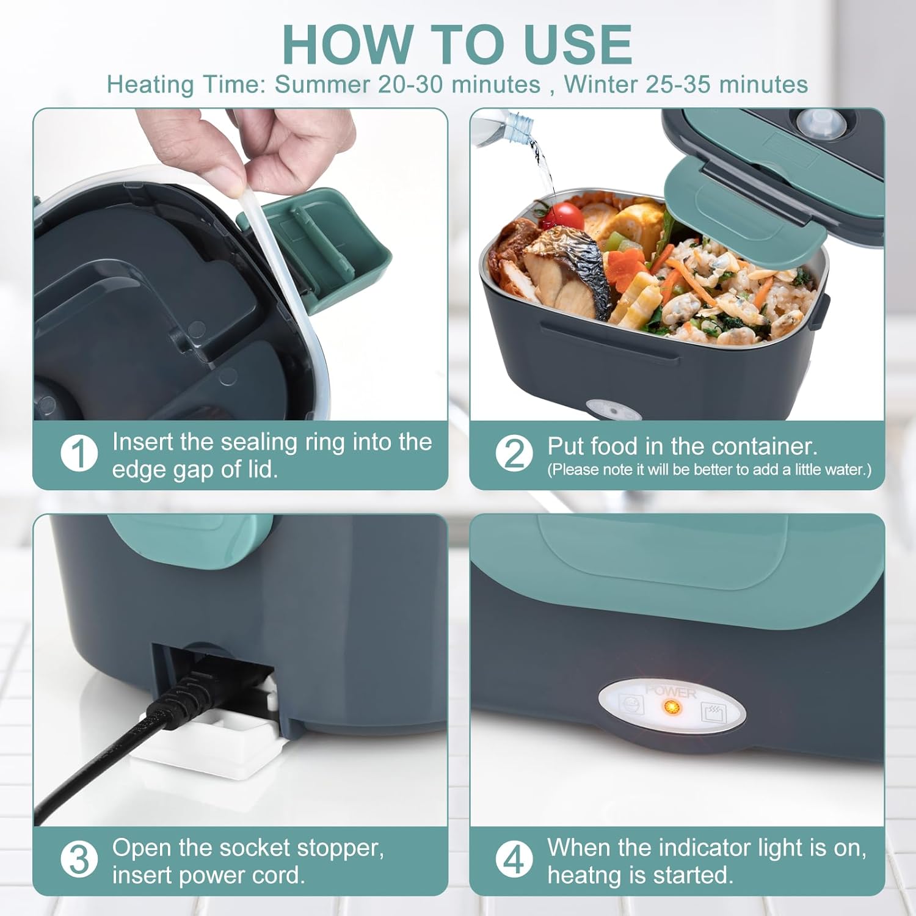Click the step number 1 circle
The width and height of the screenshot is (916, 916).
click(x=79, y=454)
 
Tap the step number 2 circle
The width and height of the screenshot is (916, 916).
click(x=514, y=454)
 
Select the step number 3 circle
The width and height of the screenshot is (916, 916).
click(x=79, y=859)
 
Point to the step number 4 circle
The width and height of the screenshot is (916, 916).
click(x=514, y=859)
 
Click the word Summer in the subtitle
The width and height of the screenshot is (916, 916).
click(x=322, y=84)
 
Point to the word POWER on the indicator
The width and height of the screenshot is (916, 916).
click(x=671, y=692)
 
